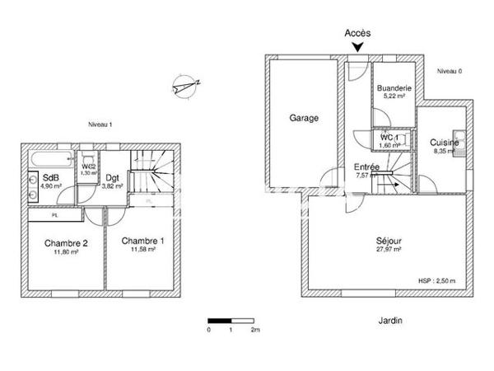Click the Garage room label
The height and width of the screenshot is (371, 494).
[x=303, y=118]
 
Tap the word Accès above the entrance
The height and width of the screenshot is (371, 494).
[x=357, y=33]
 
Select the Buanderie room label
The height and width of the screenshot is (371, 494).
[x=394, y=88]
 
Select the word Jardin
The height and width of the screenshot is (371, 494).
[x=389, y=320]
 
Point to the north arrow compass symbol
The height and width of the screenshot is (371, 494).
[x=185, y=84]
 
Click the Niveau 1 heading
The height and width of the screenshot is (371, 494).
[x=100, y=124]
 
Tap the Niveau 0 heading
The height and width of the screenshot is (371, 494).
[x=449, y=71]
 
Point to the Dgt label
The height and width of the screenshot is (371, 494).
[x=112, y=178]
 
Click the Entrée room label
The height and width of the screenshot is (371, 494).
[x=366, y=167]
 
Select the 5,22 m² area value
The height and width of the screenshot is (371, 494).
[x=394, y=96]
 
